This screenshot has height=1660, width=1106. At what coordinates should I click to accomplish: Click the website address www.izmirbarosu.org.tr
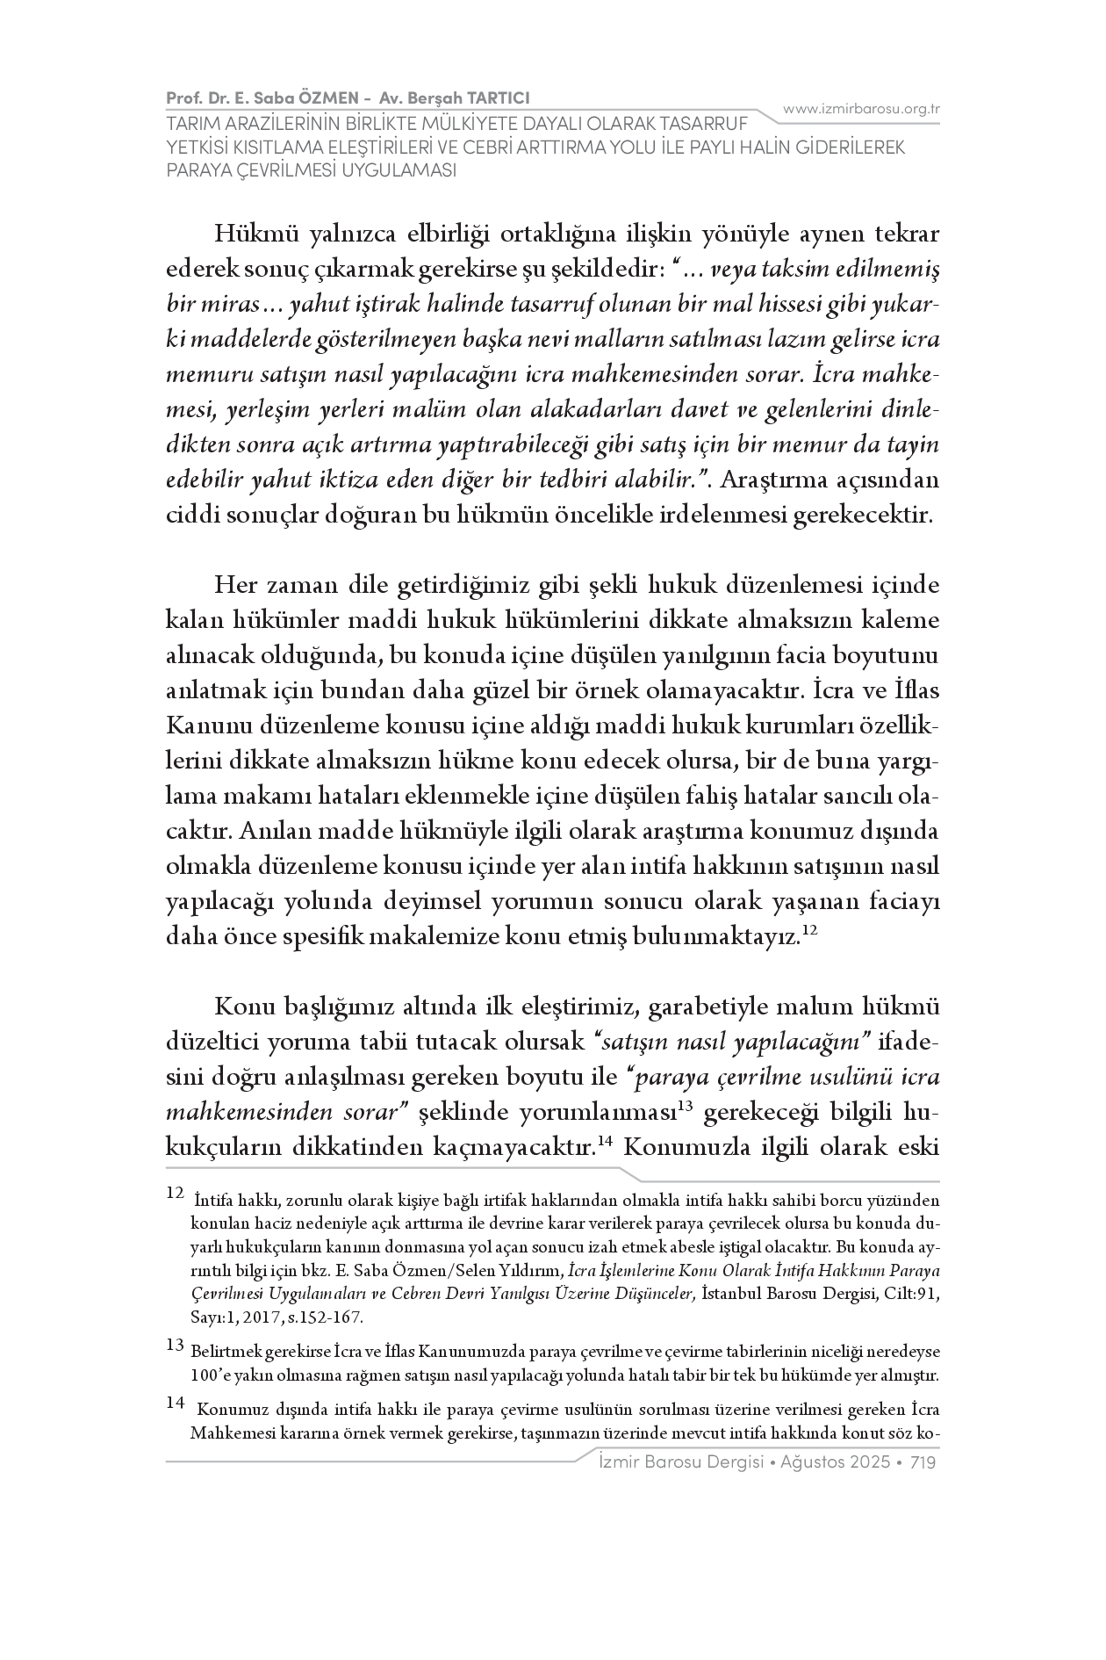point(861,109)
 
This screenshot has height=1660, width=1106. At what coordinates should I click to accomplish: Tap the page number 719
point(926,1462)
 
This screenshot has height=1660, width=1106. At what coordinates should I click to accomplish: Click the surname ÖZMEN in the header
point(312,97)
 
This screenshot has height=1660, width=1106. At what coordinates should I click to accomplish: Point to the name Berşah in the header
point(435,97)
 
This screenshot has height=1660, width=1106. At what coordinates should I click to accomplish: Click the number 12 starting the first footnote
point(175,1194)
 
